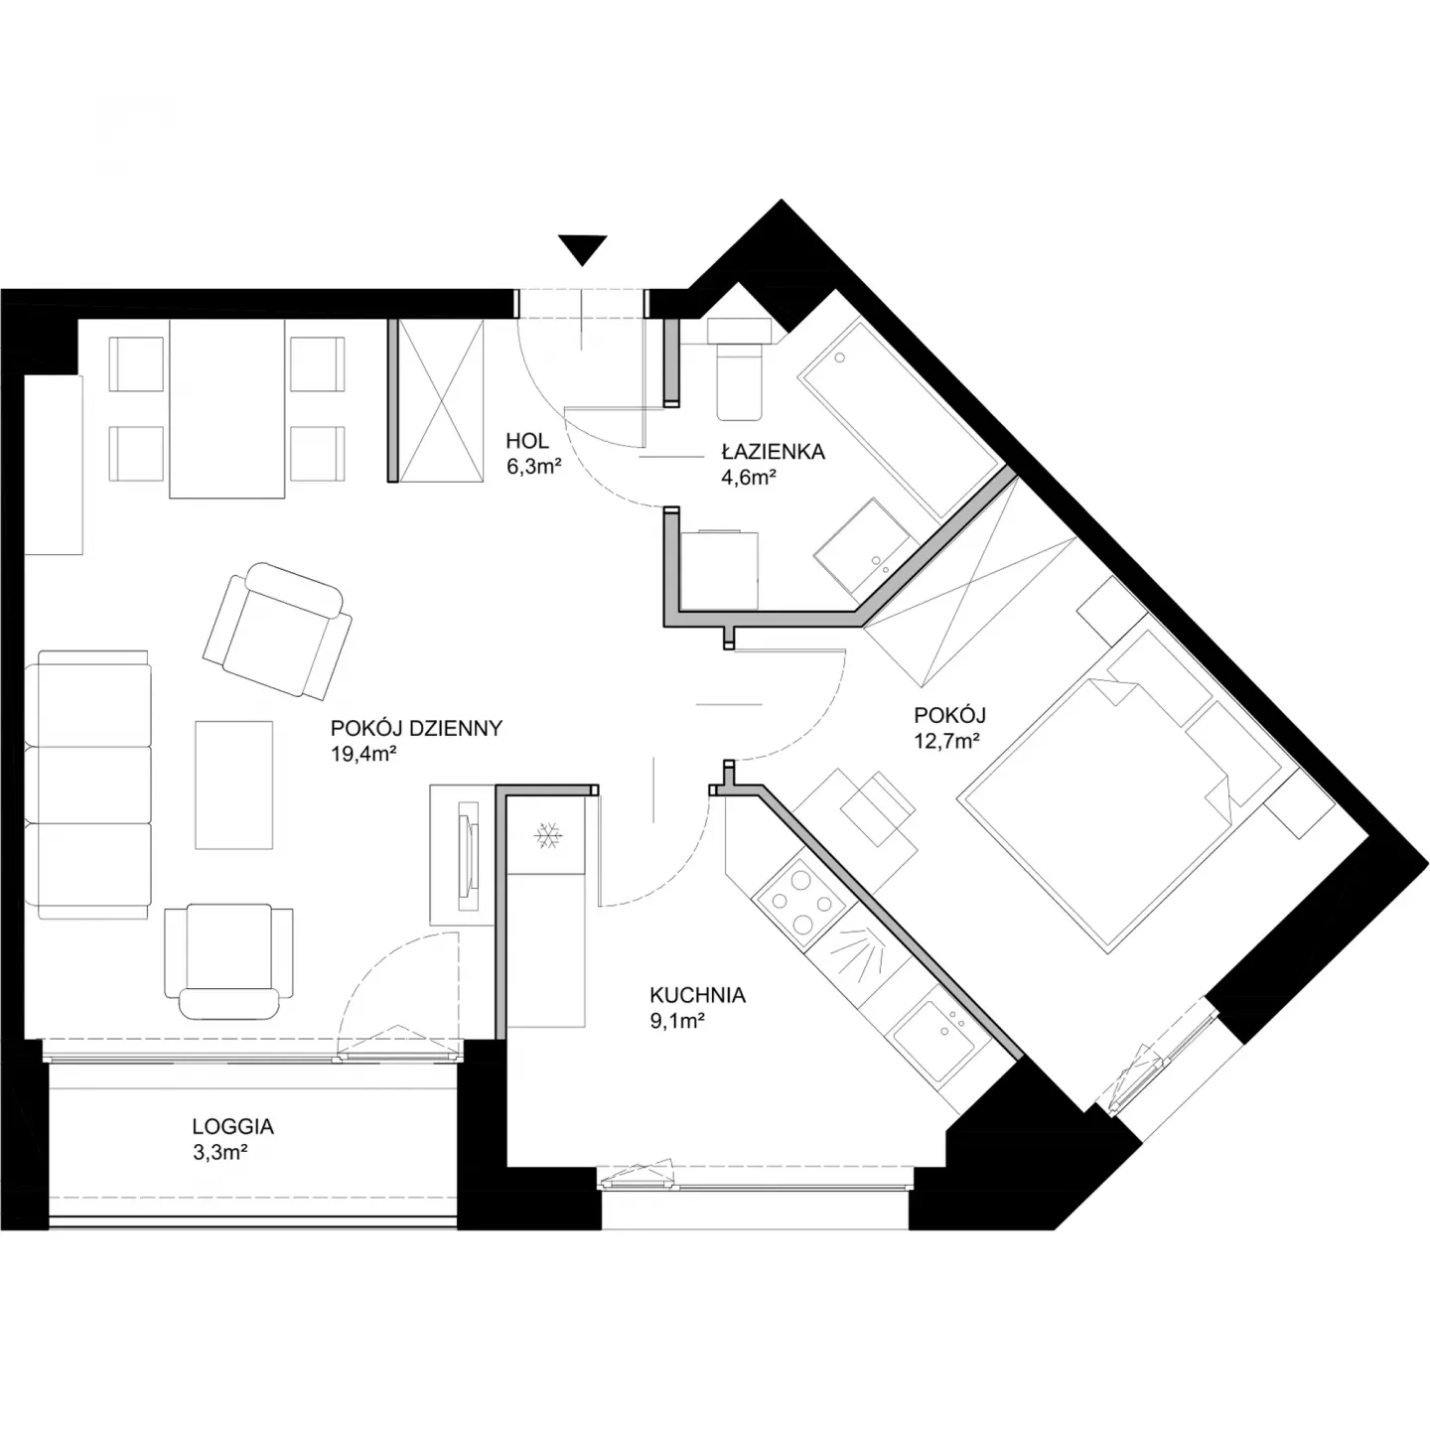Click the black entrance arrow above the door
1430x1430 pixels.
click(x=583, y=248)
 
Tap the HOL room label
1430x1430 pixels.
click(x=527, y=441)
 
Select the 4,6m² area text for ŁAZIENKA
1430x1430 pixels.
click(x=749, y=477)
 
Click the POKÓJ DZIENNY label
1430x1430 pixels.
click(x=416, y=728)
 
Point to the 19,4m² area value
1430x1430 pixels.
click(x=363, y=754)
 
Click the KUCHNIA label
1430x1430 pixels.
click(x=697, y=995)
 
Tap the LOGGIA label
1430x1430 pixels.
click(x=233, y=1126)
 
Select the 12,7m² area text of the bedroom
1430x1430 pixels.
click(x=947, y=741)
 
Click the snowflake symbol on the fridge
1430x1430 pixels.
click(x=547, y=835)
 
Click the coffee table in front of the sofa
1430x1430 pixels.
click(x=233, y=785)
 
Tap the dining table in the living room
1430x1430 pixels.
click(x=227, y=408)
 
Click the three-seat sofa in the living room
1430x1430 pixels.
click(x=88, y=785)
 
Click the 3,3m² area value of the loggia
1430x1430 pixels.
click(x=218, y=1153)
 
